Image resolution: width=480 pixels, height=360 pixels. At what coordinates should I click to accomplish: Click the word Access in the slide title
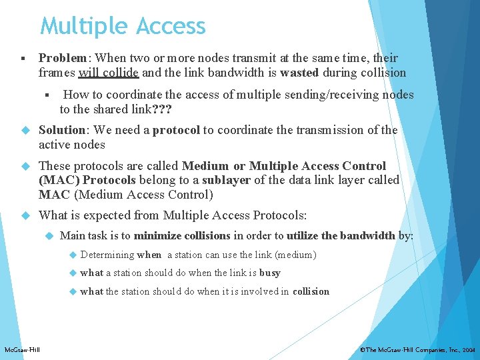tap(171, 27)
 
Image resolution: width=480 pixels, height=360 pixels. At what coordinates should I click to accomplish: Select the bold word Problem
tap(63, 58)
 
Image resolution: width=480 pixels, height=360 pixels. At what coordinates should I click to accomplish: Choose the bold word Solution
tap(63, 130)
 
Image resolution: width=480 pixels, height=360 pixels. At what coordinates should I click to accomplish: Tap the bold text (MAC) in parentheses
tap(59, 180)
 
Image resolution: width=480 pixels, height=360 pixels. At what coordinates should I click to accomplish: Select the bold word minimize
tap(159, 235)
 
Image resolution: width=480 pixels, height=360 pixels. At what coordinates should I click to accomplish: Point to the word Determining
tap(107, 254)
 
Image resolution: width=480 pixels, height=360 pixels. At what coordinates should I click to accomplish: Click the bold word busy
tap(270, 273)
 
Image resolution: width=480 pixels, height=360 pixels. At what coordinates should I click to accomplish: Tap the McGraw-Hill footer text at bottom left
tap(22, 349)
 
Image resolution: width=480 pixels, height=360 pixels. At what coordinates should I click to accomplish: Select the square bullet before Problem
tap(23, 59)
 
